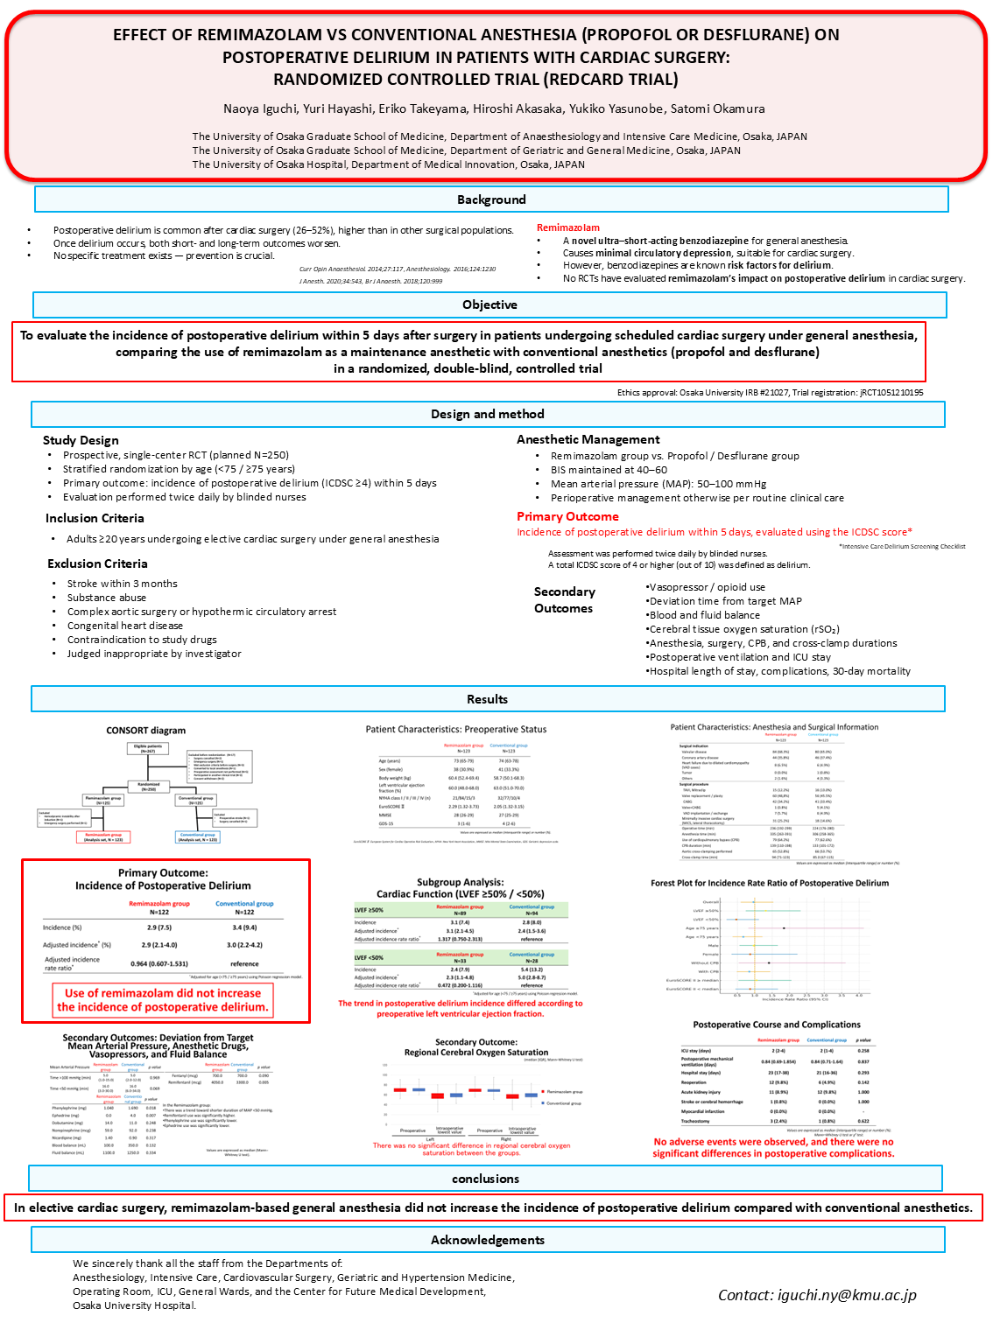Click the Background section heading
491,199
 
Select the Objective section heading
489,304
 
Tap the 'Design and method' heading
488,414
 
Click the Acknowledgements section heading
488,1240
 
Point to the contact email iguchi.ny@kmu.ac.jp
817,1295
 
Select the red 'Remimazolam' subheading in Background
568,227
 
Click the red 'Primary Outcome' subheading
567,516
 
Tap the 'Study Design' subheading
81,440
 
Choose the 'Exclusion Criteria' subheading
97,563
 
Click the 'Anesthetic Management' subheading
588,439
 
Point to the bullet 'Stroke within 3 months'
123,584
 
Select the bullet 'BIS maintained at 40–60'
609,470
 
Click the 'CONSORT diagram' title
146,731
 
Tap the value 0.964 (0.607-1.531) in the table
159,963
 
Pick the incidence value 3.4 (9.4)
244,927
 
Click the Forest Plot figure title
769,883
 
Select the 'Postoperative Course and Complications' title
776,1025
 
